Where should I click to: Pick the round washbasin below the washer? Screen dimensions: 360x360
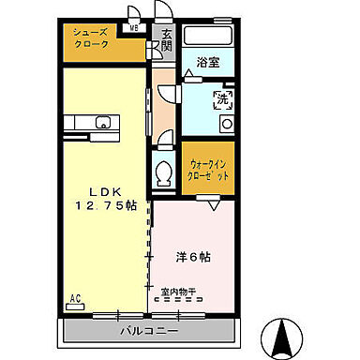(225, 123)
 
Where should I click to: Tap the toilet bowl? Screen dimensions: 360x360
(163, 172)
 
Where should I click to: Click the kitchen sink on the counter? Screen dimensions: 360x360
(103, 120)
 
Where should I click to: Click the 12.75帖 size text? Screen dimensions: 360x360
(103, 203)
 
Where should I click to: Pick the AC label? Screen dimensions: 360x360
(74, 298)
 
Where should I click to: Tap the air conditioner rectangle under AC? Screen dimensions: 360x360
(74, 307)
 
